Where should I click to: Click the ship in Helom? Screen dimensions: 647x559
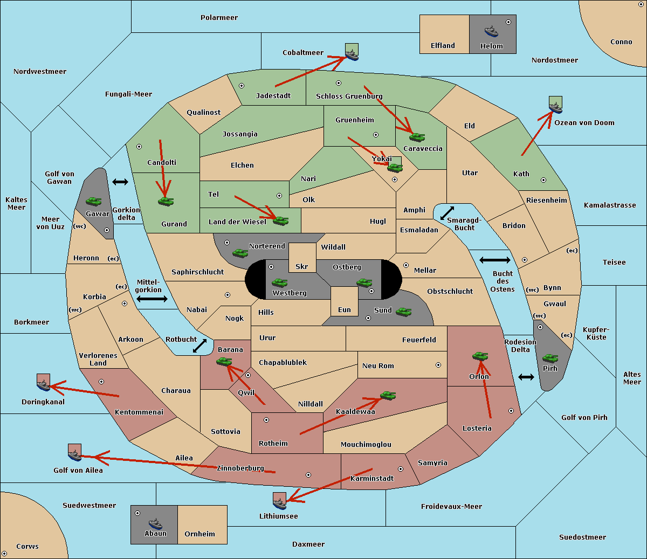491,31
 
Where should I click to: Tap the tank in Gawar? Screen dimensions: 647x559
94,201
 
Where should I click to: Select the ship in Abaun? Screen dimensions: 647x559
156,524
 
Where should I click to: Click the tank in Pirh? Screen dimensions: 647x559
550,358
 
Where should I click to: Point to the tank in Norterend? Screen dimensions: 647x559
240,253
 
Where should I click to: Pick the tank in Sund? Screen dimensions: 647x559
403,312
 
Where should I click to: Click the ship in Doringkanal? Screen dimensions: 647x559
44,385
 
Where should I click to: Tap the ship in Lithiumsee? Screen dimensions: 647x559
279,503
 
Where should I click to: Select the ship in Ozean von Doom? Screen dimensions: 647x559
555,107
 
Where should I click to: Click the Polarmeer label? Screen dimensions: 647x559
219,18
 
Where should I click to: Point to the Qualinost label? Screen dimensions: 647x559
203,112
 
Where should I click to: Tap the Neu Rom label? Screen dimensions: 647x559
378,365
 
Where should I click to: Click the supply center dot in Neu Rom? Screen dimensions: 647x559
438,365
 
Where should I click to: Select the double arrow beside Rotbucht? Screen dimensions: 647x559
199,346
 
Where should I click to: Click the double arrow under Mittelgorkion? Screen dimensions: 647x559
152,299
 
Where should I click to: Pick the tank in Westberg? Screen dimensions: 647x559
279,282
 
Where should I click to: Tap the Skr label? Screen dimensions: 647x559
301,266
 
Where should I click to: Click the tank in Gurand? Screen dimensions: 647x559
166,201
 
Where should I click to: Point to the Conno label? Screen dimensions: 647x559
621,42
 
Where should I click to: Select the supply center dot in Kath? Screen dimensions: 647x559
543,180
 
